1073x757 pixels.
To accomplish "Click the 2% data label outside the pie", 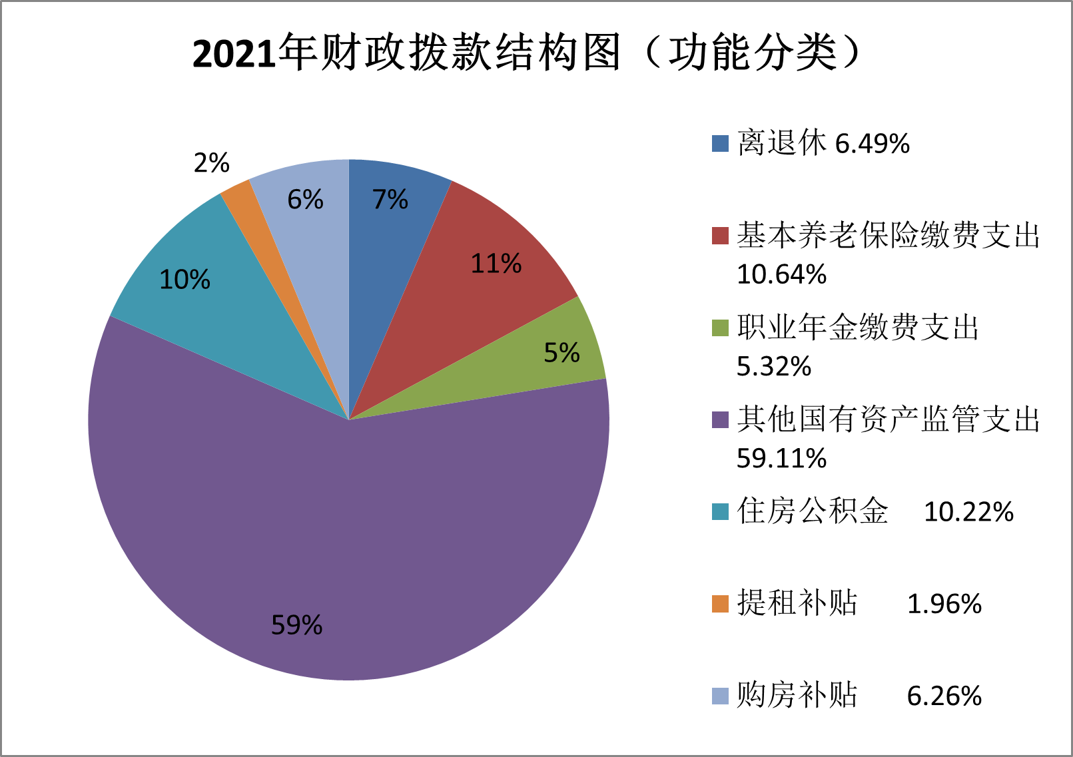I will (x=211, y=163).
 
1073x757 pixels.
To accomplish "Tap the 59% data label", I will (x=296, y=625).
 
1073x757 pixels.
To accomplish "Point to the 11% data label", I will (x=496, y=264).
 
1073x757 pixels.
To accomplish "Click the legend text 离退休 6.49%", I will (x=823, y=143).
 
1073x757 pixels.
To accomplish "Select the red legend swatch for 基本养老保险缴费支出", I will (x=720, y=236).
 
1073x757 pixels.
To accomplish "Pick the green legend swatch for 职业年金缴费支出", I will (x=720, y=328).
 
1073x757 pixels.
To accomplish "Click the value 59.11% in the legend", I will (x=781, y=458).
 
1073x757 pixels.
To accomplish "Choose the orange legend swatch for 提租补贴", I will (x=720, y=603).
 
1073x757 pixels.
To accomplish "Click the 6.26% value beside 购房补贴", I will (x=944, y=696).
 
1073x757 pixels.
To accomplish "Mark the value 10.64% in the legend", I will (x=781, y=274).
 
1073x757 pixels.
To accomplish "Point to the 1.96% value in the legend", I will (x=944, y=604).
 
